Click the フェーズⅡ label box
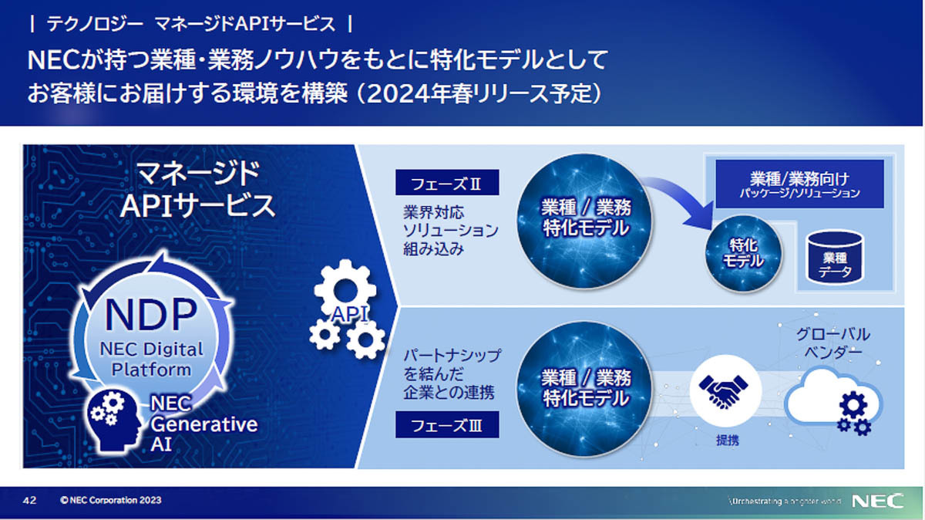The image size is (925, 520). pos(447,182)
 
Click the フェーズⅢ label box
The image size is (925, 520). pos(447,424)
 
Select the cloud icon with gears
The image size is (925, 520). pos(834,401)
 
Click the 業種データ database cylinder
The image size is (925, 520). pos(835,258)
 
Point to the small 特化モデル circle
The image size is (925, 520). pos(743,253)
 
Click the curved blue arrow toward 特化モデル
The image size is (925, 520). pos(681,198)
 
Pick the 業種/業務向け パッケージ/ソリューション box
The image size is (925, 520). pos(799,184)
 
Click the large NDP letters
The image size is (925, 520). pos(151,315)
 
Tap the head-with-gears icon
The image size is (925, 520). pos(114,420)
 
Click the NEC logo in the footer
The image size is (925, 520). pos(877,501)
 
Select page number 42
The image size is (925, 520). pos(30,501)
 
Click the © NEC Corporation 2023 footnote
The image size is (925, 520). pos(111,500)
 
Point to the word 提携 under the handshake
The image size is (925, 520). pos(727,441)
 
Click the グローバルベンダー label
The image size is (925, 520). pos(833,343)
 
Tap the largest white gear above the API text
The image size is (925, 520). pos(345,289)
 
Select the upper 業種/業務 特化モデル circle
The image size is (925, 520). pos(584,221)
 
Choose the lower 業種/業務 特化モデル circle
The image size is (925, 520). pos(584,390)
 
